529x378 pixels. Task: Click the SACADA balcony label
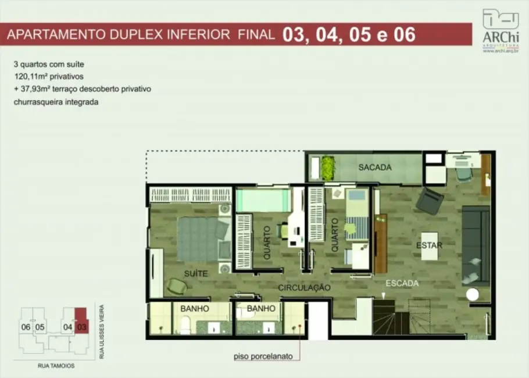[x=374, y=167]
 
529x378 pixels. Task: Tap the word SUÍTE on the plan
[x=196, y=272]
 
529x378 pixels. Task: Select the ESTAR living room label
[x=429, y=245]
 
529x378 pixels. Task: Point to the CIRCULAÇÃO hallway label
[x=303, y=288]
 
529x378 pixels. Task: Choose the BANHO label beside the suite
[x=194, y=309]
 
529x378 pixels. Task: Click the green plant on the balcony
[x=328, y=167]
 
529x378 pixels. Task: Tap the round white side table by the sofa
[x=473, y=295]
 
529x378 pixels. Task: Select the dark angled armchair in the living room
[x=430, y=201]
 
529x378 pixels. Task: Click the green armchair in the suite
[x=177, y=286]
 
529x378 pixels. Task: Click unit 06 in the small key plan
[x=26, y=327]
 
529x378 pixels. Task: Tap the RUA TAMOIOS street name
[x=52, y=366]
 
